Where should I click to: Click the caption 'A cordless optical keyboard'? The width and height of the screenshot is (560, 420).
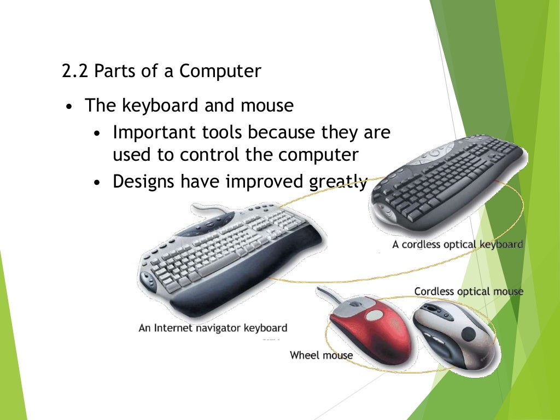point(457,244)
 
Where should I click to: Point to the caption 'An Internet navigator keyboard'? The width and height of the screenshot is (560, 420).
point(213,328)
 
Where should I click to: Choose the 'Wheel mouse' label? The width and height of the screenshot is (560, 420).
point(321,355)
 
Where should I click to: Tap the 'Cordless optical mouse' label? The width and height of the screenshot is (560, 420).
point(468,291)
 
